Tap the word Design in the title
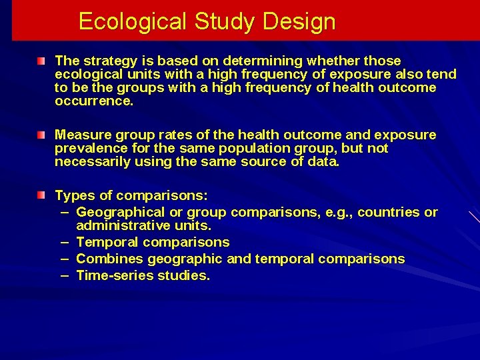(299, 22)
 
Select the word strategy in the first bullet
(106, 61)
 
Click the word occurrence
(94, 101)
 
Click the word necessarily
(91, 162)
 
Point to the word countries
(389, 213)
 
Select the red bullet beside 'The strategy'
(41, 61)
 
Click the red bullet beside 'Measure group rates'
(41, 135)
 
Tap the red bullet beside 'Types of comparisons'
(41, 195)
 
